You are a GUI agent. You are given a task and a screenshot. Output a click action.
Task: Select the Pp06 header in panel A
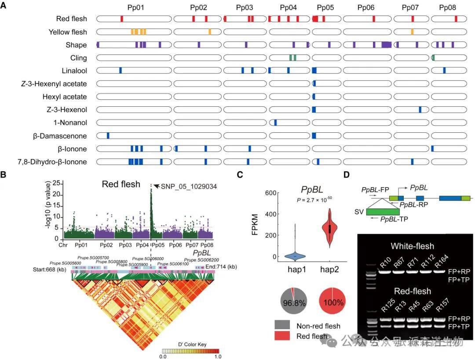pyautogui.click(x=366, y=7)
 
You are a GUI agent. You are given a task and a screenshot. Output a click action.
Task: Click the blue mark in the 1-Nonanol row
pyautogui.click(x=275, y=123)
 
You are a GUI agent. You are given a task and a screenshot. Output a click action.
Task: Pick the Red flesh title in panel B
pyautogui.click(x=121, y=184)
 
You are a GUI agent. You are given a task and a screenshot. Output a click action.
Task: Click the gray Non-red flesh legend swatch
pyautogui.click(x=284, y=326)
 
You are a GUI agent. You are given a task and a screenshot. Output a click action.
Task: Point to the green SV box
pyautogui.click(x=382, y=211)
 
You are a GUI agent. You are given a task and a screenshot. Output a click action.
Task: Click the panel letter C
pyautogui.click(x=240, y=174)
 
